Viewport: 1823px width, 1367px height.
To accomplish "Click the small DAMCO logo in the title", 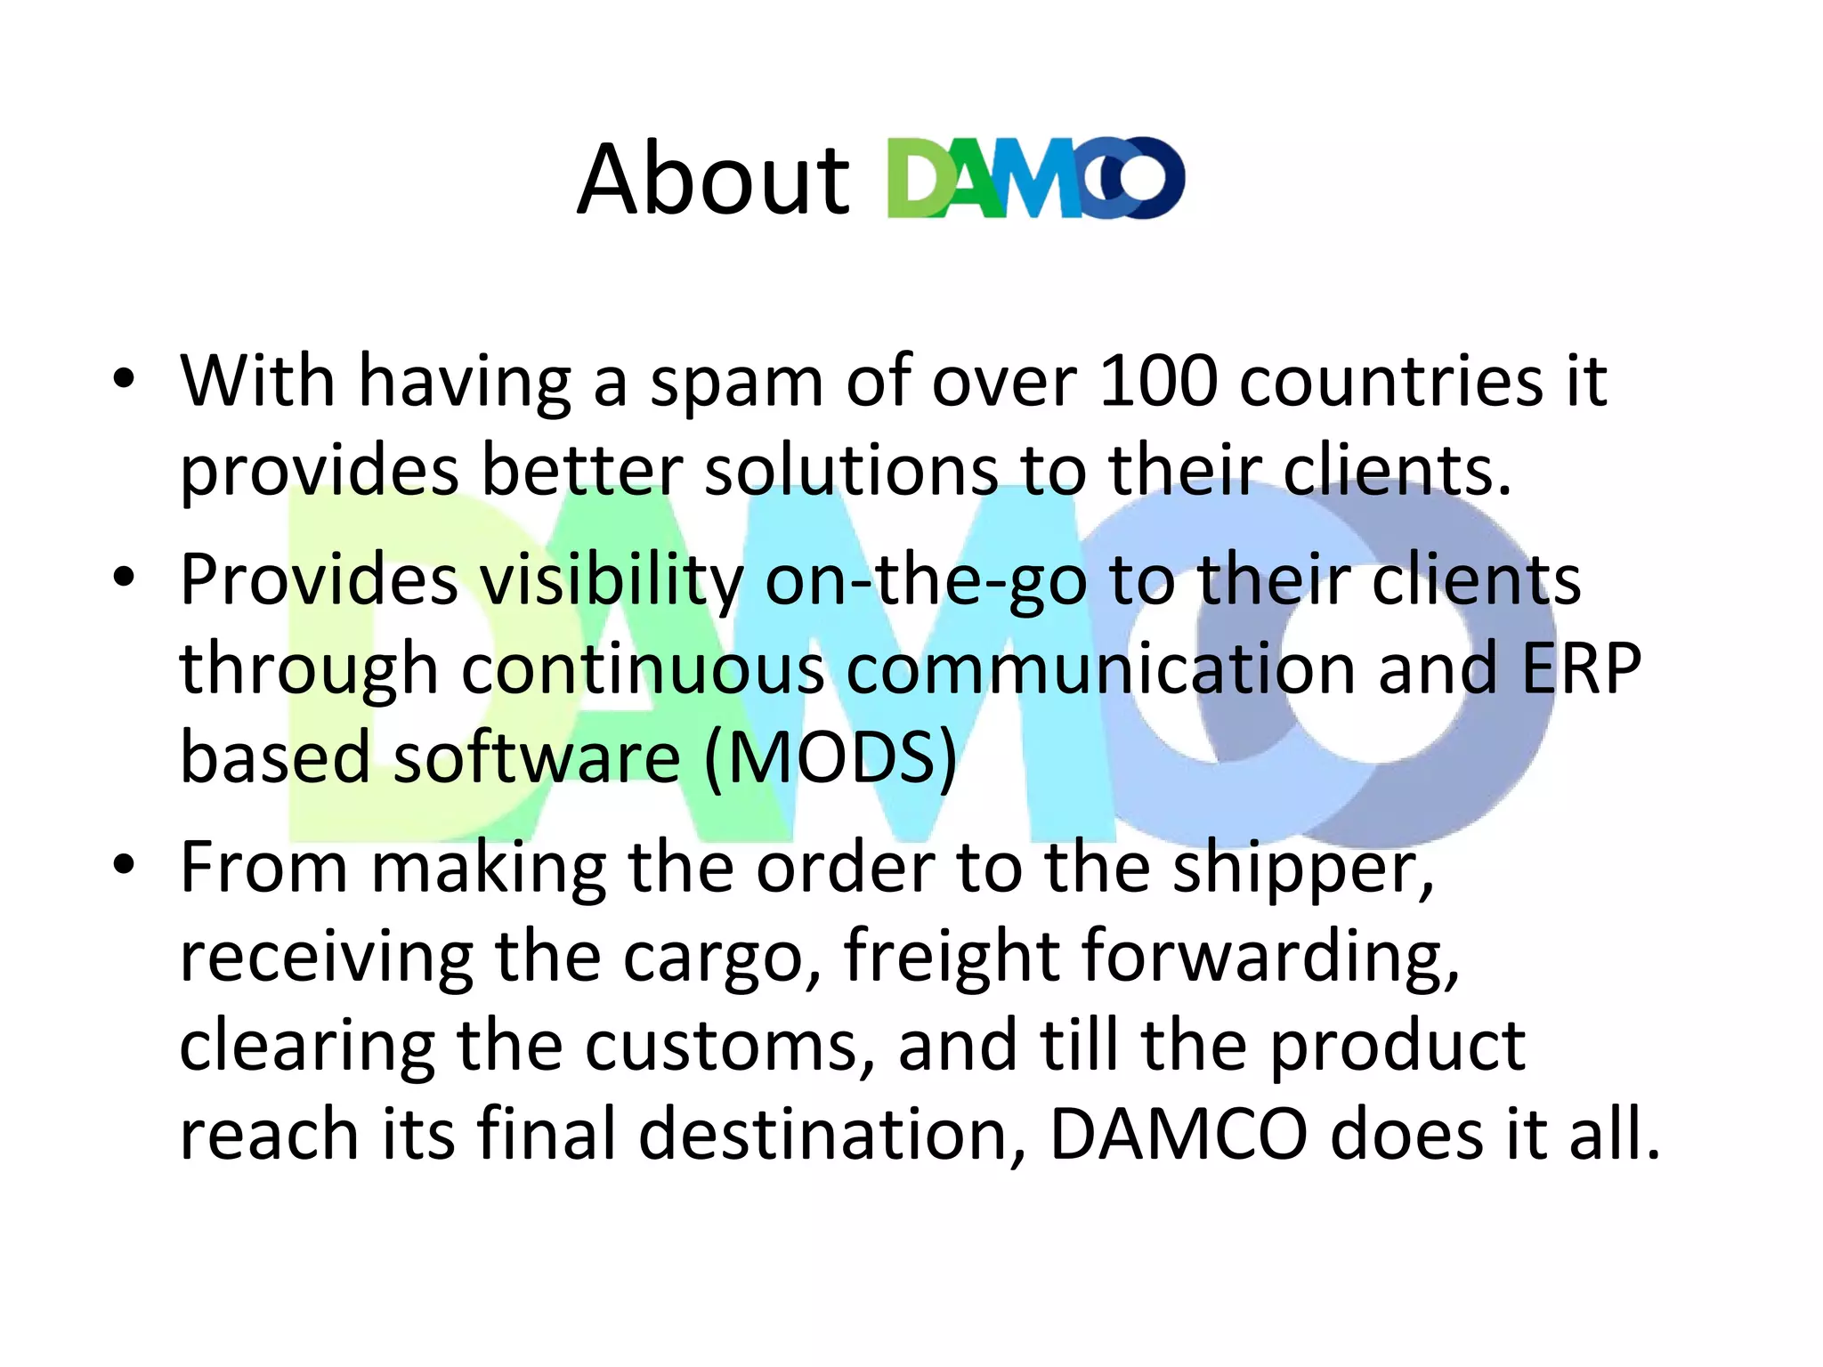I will (x=1036, y=178).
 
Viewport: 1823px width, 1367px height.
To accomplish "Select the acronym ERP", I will (x=1581, y=669).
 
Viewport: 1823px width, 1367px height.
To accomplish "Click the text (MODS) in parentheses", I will (x=830, y=758).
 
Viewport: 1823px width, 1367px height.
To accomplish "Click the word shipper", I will (x=1302, y=870).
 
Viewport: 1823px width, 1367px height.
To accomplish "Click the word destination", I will (x=832, y=1136).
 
